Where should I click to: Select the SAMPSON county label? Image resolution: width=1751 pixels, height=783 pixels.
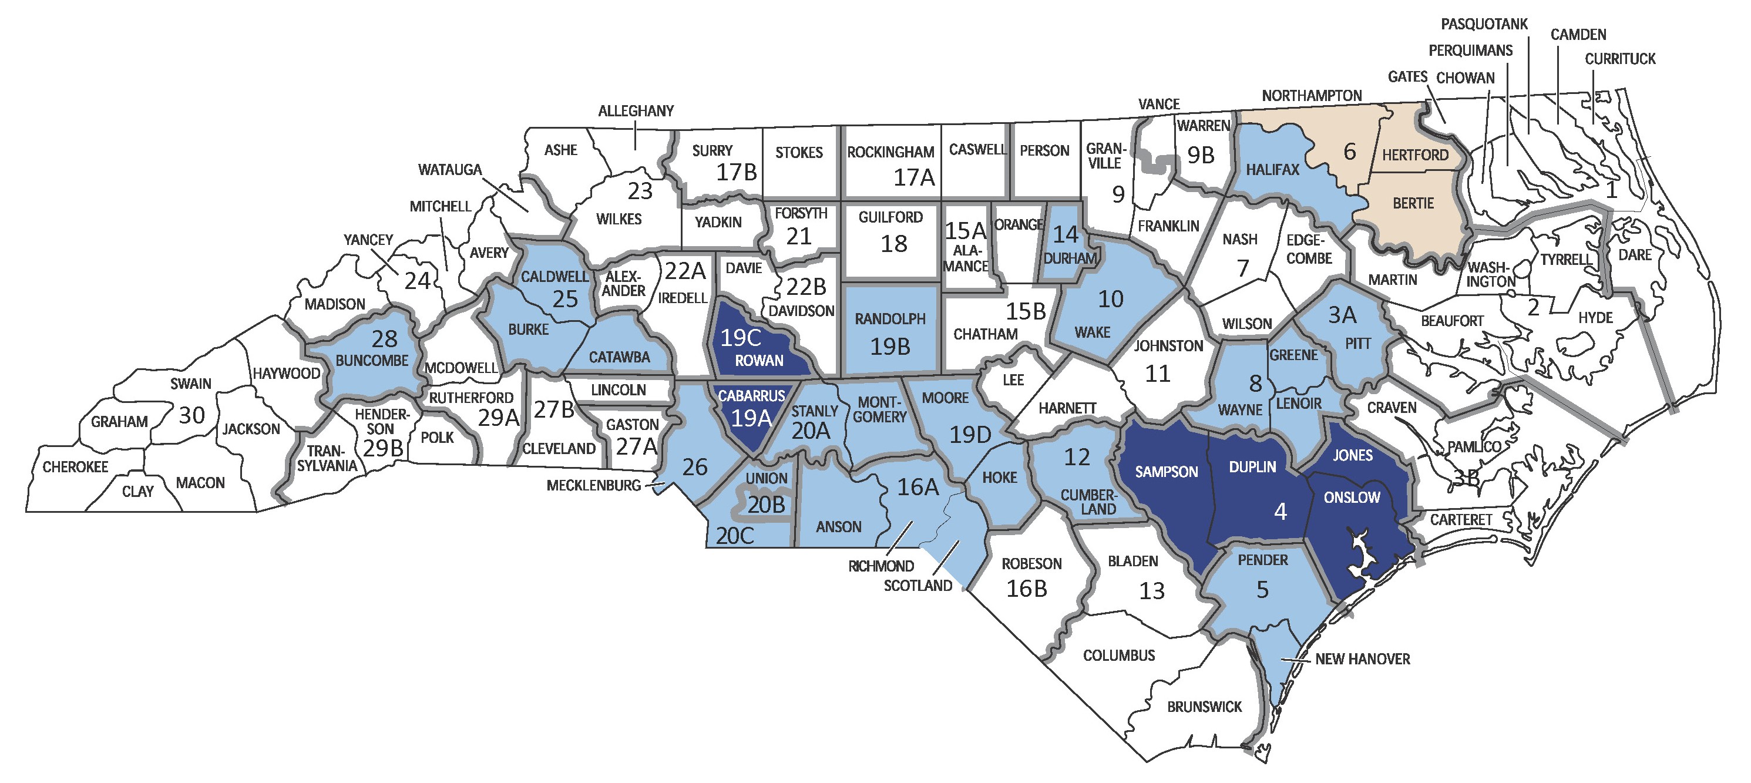[1166, 471]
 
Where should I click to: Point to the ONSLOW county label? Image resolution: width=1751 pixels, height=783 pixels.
[1352, 498]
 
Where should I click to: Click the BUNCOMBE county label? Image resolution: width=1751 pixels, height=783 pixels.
[372, 360]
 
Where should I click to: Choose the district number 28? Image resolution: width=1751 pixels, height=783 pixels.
[385, 338]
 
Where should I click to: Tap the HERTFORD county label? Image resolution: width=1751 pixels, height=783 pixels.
[1415, 155]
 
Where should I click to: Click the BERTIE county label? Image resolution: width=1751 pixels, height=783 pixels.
[1413, 203]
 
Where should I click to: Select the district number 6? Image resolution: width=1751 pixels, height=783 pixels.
[1350, 151]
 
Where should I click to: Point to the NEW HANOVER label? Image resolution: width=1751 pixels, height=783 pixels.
[1362, 658]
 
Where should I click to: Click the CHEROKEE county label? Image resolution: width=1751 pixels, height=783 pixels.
[75, 467]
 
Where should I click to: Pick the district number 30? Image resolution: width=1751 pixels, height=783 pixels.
[191, 415]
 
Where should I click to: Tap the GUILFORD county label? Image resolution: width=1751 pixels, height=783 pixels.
[890, 217]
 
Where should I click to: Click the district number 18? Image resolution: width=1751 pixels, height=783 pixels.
[894, 243]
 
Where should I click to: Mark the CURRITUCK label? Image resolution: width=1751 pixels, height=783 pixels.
[1620, 59]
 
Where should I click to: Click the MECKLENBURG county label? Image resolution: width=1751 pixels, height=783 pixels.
[593, 485]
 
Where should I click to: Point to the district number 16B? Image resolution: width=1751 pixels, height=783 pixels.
[1026, 589]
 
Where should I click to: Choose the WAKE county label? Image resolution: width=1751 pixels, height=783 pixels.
[1093, 332]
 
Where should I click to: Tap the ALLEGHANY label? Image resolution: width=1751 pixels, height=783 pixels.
[636, 111]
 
